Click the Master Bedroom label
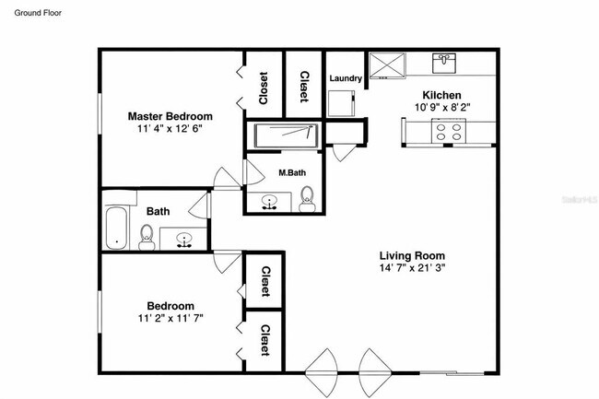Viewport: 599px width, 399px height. pos(170,116)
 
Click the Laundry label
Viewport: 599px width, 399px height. pos(345,78)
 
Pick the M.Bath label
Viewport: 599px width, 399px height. pos(292,172)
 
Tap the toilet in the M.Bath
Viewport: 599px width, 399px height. pos(308,197)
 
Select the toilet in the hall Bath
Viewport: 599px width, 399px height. pos(146,241)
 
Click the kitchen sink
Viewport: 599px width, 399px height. pos(444,63)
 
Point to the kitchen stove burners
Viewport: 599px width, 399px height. pos(449,132)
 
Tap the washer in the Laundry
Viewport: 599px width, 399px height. pos(345,103)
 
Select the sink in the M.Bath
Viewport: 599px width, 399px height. pos(271,202)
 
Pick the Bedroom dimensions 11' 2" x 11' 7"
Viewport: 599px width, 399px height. pos(170,318)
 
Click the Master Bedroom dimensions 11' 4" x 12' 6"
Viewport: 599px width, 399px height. pos(170,129)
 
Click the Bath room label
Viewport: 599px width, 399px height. pos(158,211)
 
